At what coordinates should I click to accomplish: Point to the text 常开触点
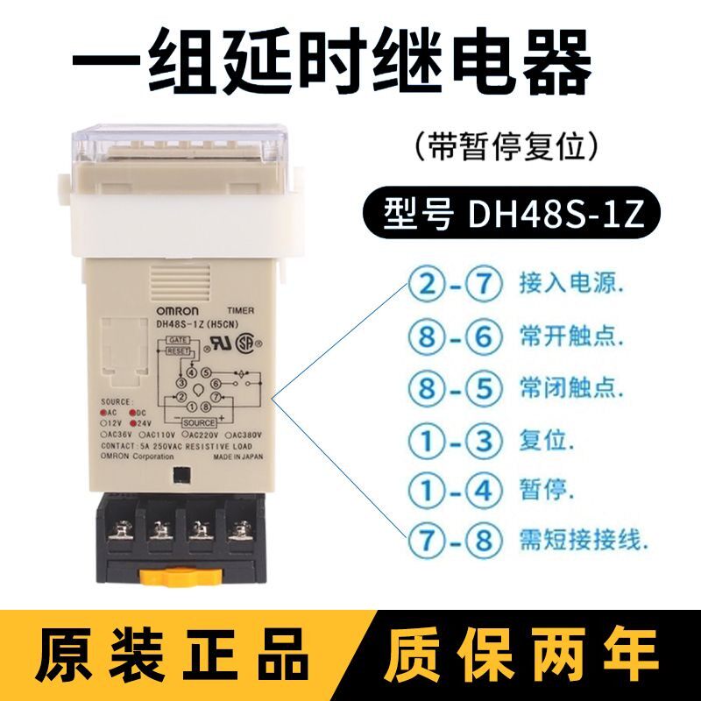[557, 335]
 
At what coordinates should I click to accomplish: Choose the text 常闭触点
[557, 386]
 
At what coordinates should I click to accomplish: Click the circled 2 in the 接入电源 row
[425, 285]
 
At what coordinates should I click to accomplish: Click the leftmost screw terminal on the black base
[124, 528]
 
